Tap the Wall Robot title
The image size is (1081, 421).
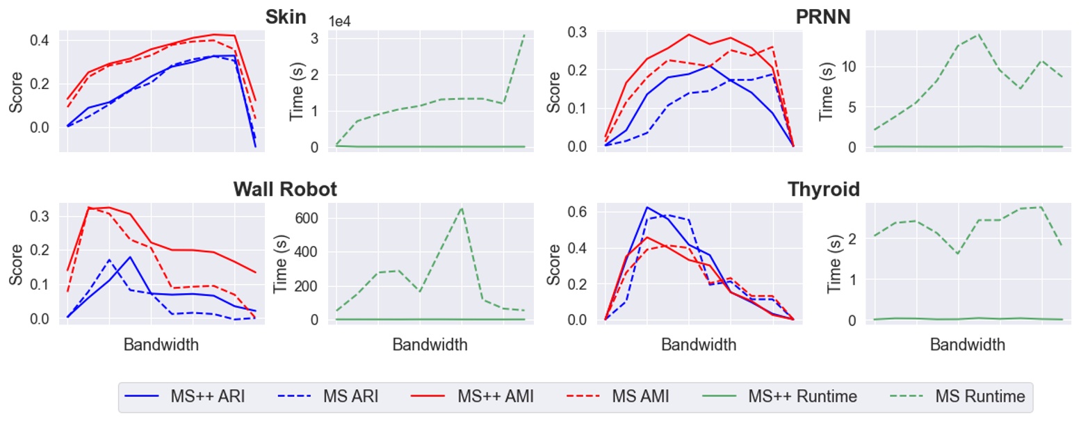coord(285,189)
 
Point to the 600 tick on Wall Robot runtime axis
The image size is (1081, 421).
coord(308,217)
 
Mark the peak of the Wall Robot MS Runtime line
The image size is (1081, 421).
coord(462,208)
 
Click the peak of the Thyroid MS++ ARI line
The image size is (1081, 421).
coord(647,207)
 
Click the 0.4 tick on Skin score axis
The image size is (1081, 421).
coord(40,40)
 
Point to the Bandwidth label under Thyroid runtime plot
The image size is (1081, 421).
coord(967,345)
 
